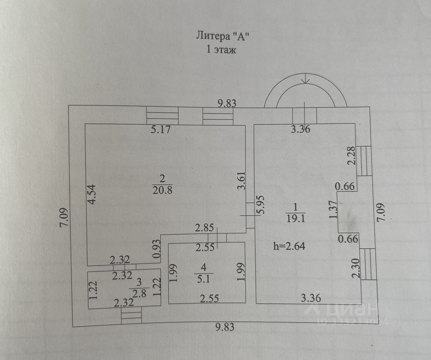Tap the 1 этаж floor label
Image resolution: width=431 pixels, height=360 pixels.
[221, 50]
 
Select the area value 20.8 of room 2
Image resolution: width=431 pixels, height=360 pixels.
[162, 190]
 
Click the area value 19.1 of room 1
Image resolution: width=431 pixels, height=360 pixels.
[296, 218]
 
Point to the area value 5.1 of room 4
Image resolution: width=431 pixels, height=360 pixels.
[203, 279]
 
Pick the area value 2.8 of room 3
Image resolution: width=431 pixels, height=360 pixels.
[139, 293]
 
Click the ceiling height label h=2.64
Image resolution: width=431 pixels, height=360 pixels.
[289, 246]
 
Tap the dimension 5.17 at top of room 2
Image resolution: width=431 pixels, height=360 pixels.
[161, 129]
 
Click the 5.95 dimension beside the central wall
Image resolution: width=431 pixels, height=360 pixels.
[260, 205]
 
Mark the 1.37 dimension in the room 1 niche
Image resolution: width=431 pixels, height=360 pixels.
[333, 209]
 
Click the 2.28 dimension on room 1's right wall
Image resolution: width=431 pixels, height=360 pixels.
[352, 155]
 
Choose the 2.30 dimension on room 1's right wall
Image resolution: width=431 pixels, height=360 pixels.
[356, 268]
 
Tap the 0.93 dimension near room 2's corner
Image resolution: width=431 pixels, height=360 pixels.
[157, 249]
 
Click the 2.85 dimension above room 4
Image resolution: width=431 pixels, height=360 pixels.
[204, 228]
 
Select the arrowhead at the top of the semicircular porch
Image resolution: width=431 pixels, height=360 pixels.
[305, 80]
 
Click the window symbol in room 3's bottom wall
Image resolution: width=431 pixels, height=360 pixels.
[132, 315]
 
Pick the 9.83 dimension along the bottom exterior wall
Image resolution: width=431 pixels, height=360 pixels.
[225, 327]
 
